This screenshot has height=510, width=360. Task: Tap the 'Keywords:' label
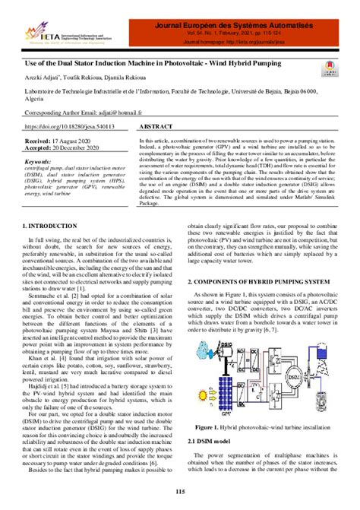coord(39,162)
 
